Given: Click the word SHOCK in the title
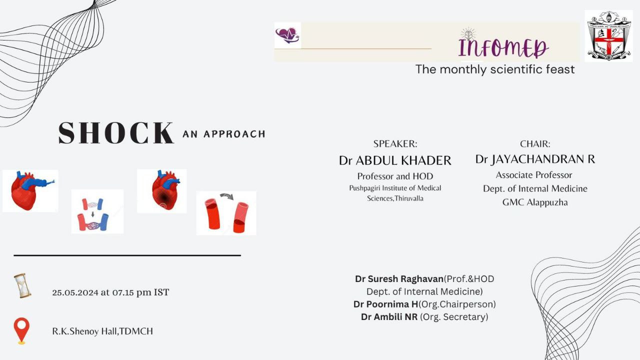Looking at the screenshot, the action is pyautogui.click(x=116, y=133).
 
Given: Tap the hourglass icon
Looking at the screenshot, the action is pyautogui.click(x=22, y=285).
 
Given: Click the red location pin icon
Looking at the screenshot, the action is pyautogui.click(x=21, y=331).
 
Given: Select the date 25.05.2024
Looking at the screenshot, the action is pyautogui.click(x=75, y=292).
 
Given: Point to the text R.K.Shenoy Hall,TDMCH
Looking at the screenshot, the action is pyautogui.click(x=102, y=331).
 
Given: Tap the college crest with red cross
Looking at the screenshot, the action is pyautogui.click(x=608, y=36).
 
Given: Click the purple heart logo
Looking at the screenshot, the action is pyautogui.click(x=287, y=35).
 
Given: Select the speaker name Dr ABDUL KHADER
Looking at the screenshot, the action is pyautogui.click(x=395, y=160).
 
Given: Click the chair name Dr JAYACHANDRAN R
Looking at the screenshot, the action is pyautogui.click(x=535, y=159).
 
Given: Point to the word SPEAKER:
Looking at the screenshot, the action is pyautogui.click(x=395, y=143).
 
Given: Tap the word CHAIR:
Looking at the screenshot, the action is pyautogui.click(x=535, y=143).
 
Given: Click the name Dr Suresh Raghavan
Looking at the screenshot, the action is pyautogui.click(x=399, y=279).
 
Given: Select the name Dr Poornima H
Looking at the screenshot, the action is pyautogui.click(x=385, y=304).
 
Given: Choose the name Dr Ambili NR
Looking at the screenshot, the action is pyautogui.click(x=389, y=317).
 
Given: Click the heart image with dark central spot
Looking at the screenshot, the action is pyautogui.click(x=162, y=191).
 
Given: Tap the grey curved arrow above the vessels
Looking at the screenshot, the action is pyautogui.click(x=227, y=196).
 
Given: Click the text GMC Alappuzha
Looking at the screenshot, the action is pyautogui.click(x=535, y=202).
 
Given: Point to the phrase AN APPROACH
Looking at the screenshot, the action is pyautogui.click(x=224, y=134).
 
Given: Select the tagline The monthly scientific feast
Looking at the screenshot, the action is pyautogui.click(x=495, y=69).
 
